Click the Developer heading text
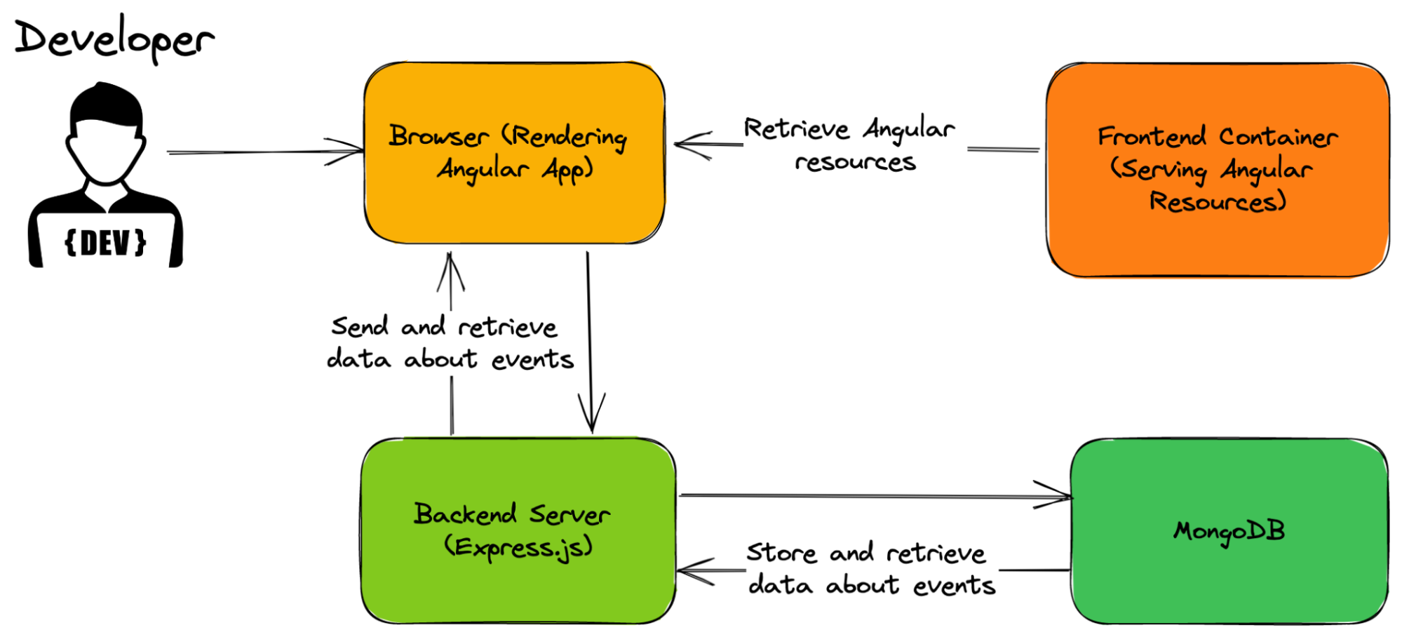pyautogui.click(x=114, y=39)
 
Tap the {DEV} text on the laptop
pyautogui.click(x=105, y=243)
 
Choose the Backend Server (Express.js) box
pyautogui.click(x=518, y=589)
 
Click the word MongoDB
pyautogui.click(x=1229, y=531)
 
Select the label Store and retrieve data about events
pyautogui.click(x=870, y=569)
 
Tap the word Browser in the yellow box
pyautogui.click(x=438, y=136)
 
